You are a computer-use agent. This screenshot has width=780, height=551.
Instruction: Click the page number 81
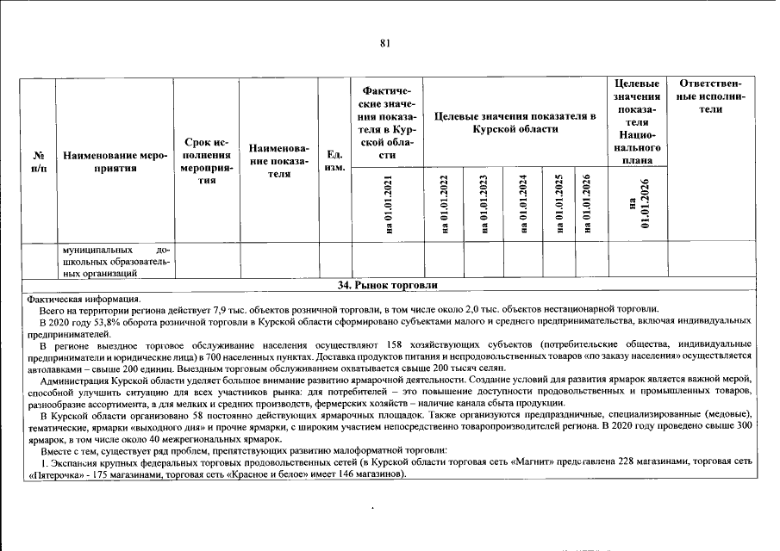[x=385, y=44]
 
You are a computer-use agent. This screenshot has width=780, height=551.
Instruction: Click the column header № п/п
[x=39, y=162]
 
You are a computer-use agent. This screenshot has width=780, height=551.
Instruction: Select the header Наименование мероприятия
[x=114, y=162]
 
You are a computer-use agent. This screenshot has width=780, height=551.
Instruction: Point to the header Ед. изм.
[x=334, y=161]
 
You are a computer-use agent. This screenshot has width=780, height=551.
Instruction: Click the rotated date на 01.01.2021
[x=387, y=205]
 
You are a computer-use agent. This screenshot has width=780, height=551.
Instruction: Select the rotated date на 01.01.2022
[x=444, y=205]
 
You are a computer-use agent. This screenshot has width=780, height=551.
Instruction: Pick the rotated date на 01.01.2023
[x=484, y=205]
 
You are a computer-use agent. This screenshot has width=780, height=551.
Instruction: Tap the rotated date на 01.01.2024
[x=522, y=205]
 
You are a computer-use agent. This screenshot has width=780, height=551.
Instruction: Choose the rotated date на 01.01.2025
[x=559, y=205]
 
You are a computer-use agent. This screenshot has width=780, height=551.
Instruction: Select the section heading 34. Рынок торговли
[x=387, y=285]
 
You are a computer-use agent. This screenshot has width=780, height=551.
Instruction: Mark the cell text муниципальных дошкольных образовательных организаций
[x=116, y=261]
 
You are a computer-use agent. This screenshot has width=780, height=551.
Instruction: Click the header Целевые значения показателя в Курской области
[x=515, y=121]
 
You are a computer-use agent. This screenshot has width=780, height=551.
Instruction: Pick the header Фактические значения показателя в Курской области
[x=387, y=121]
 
